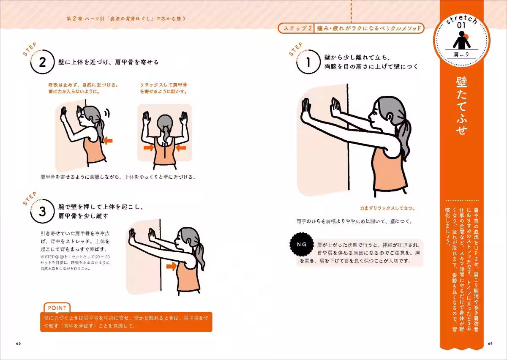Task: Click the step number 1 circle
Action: point(308,63)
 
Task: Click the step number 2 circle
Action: point(42,63)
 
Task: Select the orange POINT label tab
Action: point(57,308)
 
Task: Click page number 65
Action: point(18,343)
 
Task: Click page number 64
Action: point(490,343)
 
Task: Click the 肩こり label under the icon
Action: point(461,55)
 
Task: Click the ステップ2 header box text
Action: point(296,28)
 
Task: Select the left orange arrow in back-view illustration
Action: point(149,147)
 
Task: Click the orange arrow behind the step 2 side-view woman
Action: point(108,140)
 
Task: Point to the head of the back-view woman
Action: point(164,124)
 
